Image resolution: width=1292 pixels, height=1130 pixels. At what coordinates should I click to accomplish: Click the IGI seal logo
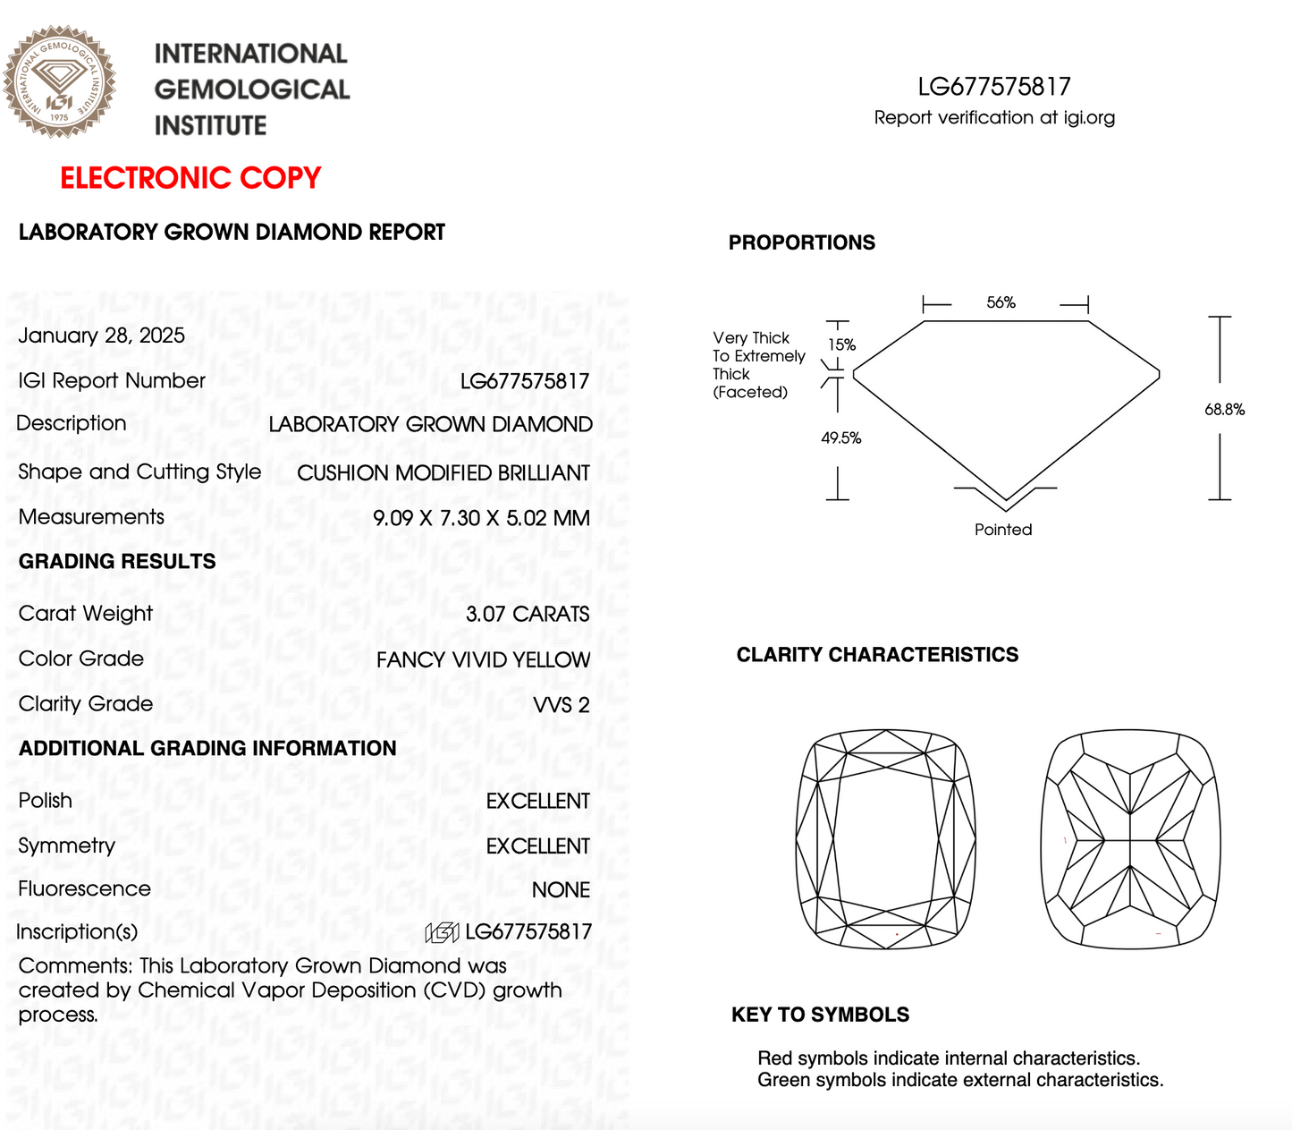pyautogui.click(x=59, y=81)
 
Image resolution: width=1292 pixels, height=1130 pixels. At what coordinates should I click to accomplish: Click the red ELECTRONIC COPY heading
pyautogui.click(x=190, y=178)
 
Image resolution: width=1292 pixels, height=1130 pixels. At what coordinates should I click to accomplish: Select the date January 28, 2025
pyautogui.click(x=102, y=336)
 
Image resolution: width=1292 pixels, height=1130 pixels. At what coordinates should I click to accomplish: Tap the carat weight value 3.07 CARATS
pyautogui.click(x=528, y=614)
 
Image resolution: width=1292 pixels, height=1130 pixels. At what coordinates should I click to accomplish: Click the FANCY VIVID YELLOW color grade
pyautogui.click(x=483, y=659)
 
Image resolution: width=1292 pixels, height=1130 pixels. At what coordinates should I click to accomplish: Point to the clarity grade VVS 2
pyautogui.click(x=562, y=705)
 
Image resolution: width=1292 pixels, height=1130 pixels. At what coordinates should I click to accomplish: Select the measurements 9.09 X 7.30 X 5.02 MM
pyautogui.click(x=481, y=518)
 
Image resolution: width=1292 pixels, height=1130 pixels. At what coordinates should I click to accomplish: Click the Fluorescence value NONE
pyautogui.click(x=561, y=890)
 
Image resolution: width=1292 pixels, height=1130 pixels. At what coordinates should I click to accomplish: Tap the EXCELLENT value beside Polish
pyautogui.click(x=537, y=801)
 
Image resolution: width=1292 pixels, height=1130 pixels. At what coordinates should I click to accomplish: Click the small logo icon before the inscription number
pyautogui.click(x=442, y=933)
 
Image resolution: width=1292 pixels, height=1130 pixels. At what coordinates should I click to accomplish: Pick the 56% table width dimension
pyautogui.click(x=1001, y=302)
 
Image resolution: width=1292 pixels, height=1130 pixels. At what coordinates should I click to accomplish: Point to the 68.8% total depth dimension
pyautogui.click(x=1224, y=410)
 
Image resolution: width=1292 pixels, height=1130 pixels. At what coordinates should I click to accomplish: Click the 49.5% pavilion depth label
pyautogui.click(x=840, y=438)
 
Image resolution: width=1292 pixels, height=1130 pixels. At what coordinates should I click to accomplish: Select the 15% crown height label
pyautogui.click(x=841, y=344)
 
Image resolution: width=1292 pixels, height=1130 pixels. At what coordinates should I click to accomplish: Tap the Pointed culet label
pyautogui.click(x=1002, y=530)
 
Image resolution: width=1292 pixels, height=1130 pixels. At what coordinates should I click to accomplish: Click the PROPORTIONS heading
pyautogui.click(x=801, y=242)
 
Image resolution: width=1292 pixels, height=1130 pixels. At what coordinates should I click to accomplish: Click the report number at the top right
pyautogui.click(x=993, y=87)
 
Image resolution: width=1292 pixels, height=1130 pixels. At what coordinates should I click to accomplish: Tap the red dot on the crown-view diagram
pyautogui.click(x=897, y=934)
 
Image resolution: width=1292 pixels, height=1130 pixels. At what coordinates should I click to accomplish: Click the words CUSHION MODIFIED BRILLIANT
pyautogui.click(x=443, y=473)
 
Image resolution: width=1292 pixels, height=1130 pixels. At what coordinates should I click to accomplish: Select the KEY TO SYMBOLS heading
pyautogui.click(x=820, y=1015)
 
